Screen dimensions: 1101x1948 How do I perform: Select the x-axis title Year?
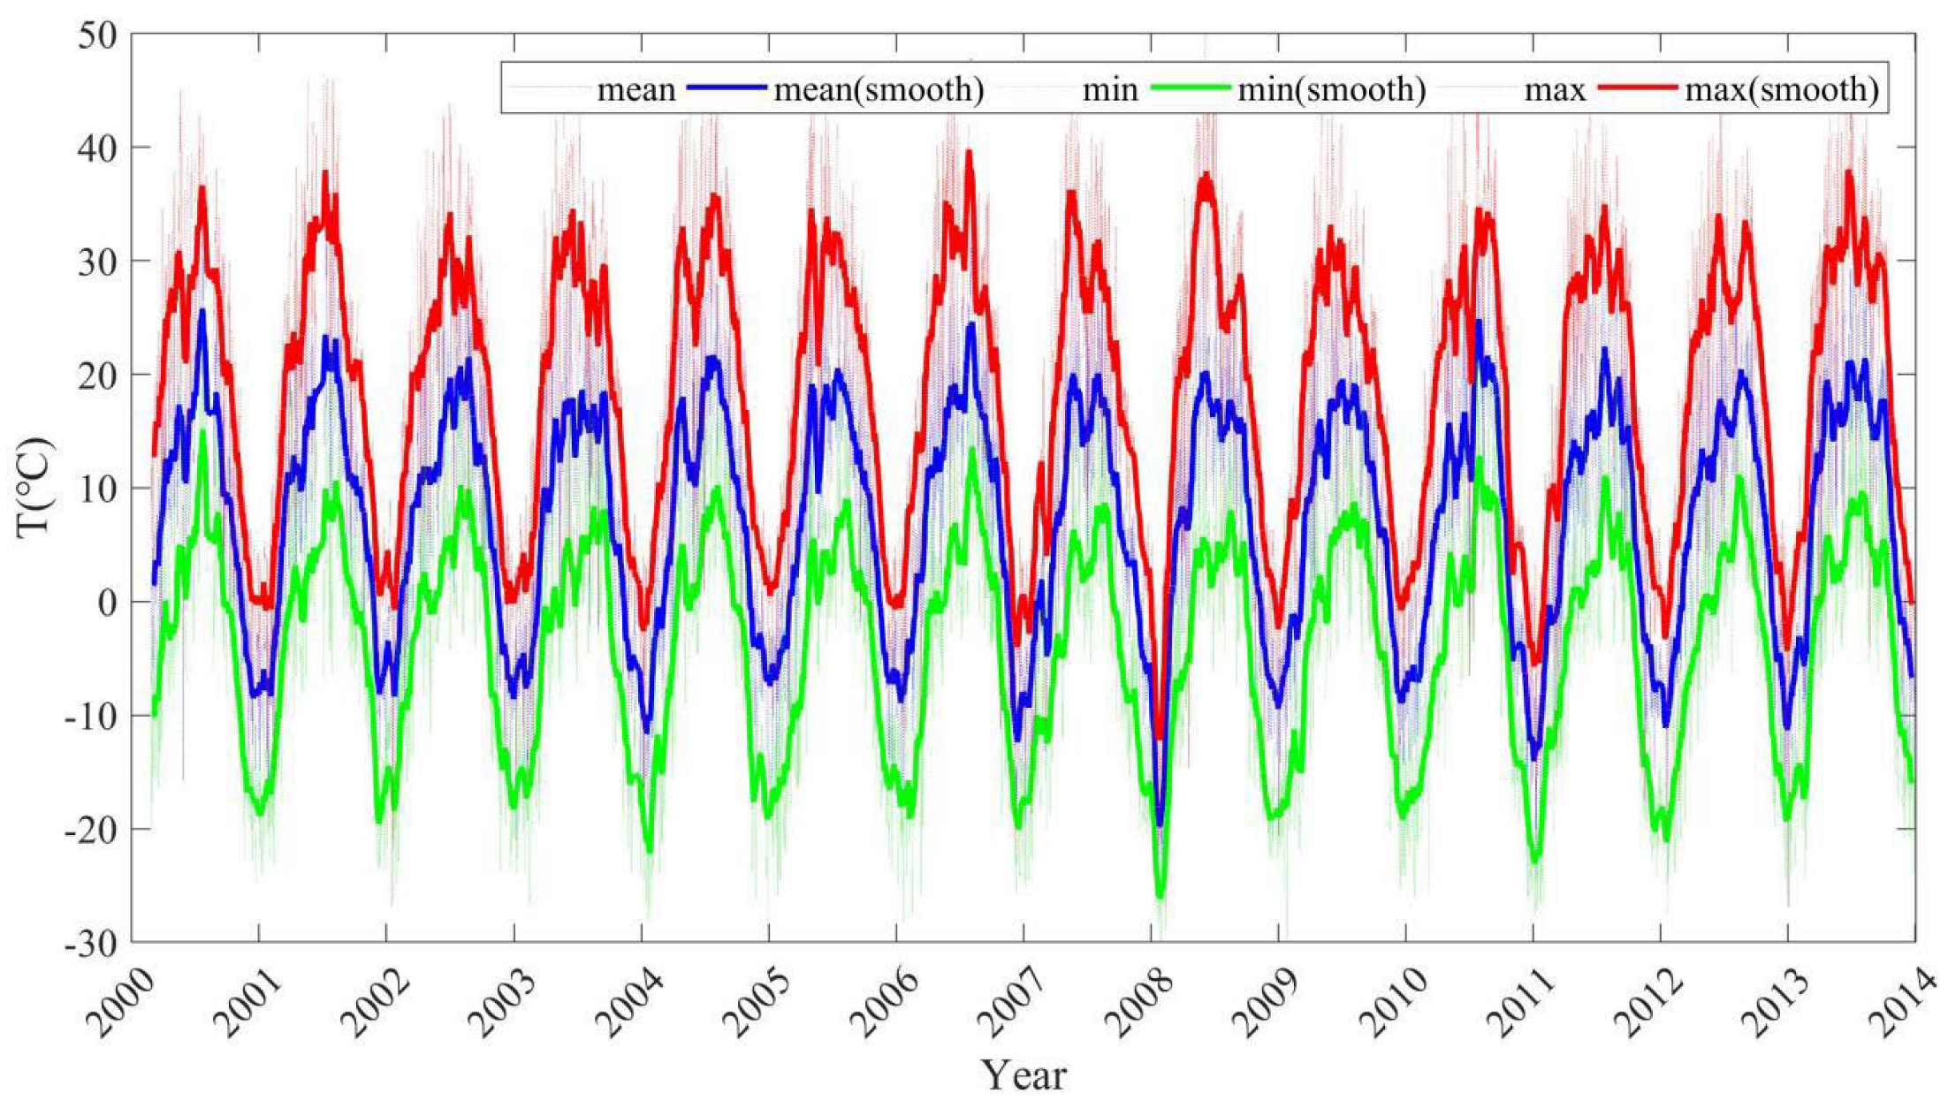point(1024,1074)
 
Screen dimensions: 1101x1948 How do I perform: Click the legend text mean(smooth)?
point(879,89)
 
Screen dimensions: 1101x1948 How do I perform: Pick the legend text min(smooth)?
point(1331,89)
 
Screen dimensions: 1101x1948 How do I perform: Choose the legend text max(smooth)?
point(1782,89)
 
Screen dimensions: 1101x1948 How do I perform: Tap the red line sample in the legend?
point(1637,87)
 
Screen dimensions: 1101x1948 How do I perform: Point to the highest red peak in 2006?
point(969,152)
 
